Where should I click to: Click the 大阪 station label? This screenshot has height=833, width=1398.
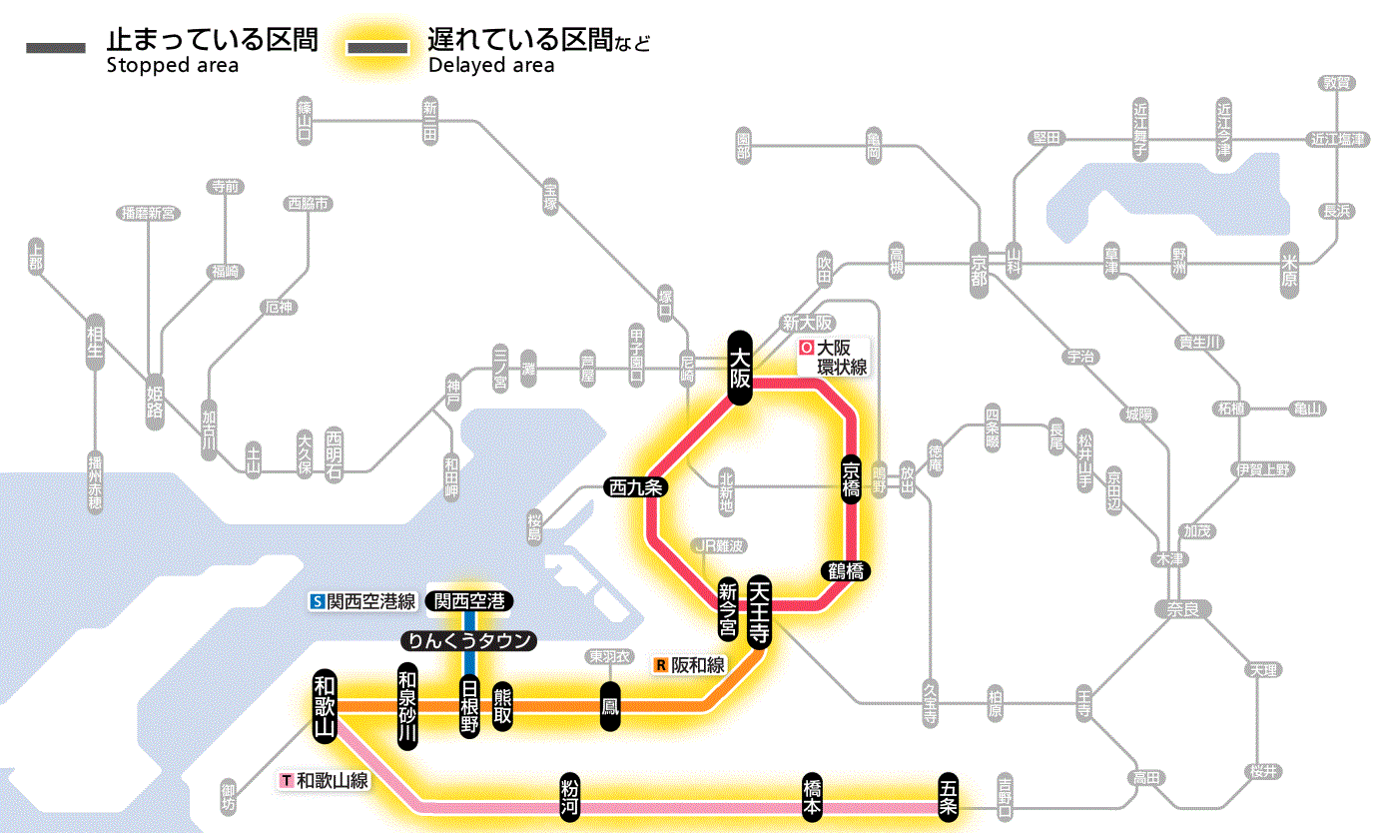739,368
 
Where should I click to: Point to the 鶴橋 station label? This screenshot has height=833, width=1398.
845,571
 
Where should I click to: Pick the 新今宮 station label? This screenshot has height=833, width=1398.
728,610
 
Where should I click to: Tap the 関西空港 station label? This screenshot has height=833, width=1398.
469,601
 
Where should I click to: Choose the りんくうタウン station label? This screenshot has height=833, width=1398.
468,640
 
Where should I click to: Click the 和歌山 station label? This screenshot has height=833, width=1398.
325,705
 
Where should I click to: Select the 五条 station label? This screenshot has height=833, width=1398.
948,795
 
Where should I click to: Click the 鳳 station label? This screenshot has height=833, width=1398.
609,706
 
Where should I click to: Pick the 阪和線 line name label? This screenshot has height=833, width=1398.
697,665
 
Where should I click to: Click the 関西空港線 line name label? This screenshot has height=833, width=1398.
370,601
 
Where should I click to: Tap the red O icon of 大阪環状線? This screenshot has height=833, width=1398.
806,350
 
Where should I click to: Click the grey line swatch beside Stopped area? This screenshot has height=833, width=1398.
57,47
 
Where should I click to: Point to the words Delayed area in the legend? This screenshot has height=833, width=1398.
491,66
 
